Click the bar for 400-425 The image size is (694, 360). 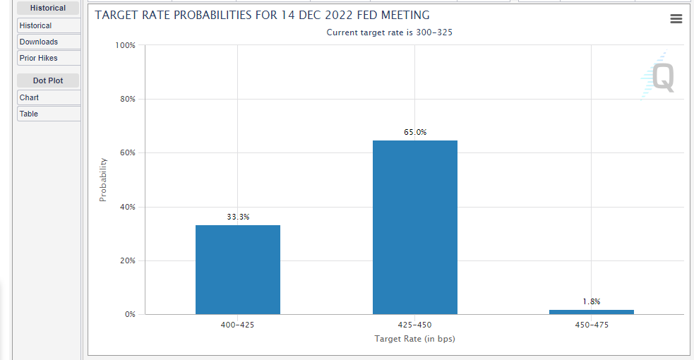(238, 270)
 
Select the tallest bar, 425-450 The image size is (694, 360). (414, 227)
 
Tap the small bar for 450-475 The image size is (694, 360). (592, 312)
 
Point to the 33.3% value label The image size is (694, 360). (238, 217)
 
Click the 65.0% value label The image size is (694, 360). (415, 132)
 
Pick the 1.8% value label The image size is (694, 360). (592, 301)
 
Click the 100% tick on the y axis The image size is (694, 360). (125, 45)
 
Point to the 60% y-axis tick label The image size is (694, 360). (128, 152)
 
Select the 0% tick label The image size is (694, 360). (130, 314)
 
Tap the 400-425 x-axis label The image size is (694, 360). (238, 325)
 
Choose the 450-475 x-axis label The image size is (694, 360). (592, 325)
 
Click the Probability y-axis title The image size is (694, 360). (103, 179)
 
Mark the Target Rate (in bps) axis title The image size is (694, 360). (414, 339)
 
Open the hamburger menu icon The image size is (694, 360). (676, 18)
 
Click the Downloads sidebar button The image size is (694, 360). (49, 42)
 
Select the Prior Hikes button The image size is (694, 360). (49, 58)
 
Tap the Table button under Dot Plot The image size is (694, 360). (49, 114)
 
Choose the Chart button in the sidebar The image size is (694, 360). (49, 97)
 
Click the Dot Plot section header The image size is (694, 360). (48, 80)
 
